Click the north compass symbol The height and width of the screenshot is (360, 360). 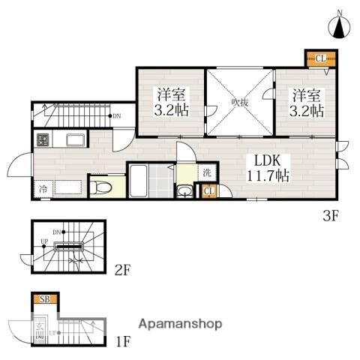tap(339, 27)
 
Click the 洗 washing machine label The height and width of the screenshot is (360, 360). tap(207, 173)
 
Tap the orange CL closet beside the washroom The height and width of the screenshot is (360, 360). tap(208, 191)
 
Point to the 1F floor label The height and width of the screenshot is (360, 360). tap(123, 343)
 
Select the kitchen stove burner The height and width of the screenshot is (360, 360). tap(43, 139)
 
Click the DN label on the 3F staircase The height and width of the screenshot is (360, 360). tap(116, 115)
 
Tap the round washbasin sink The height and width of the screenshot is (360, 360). tap(184, 191)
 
